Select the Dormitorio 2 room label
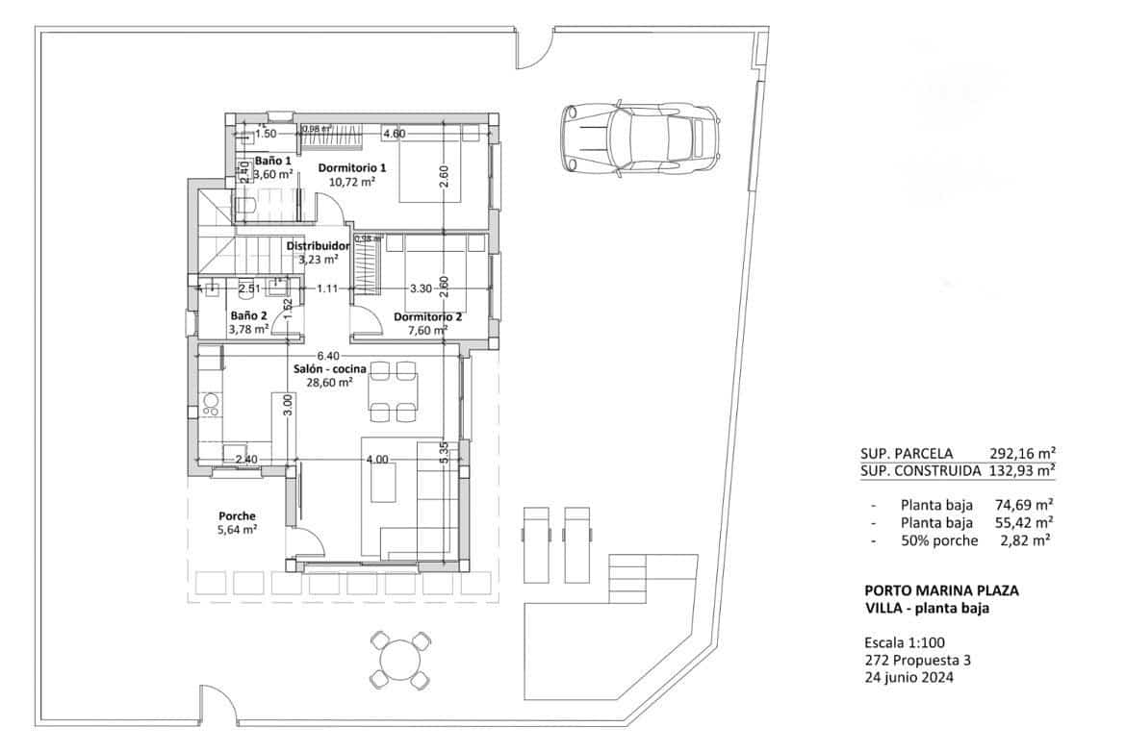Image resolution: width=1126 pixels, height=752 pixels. [x=428, y=316]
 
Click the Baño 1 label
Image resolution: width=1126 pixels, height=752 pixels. [x=273, y=161]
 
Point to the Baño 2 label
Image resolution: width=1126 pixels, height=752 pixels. [x=248, y=315]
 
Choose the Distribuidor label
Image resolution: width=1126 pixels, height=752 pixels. [x=318, y=246]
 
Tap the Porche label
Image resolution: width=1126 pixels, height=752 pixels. [x=237, y=516]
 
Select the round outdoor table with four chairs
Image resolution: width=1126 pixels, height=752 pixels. [x=399, y=660]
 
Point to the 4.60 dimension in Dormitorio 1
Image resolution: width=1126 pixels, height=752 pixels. [x=393, y=134]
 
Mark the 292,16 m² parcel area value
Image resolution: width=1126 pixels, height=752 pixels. [x=1023, y=452]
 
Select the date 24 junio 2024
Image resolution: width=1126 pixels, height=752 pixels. [x=910, y=677]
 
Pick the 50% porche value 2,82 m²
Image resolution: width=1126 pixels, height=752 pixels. [x=1029, y=540]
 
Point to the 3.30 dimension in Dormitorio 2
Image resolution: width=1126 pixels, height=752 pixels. [x=421, y=288]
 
